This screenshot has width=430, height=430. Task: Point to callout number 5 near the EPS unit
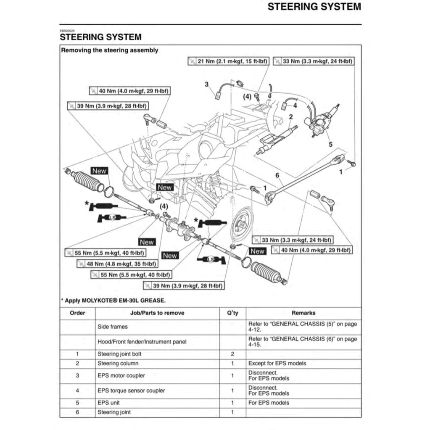pos(330,144)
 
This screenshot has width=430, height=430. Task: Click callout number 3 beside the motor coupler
pos(206,84)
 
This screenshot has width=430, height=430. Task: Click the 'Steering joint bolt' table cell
pos(120,354)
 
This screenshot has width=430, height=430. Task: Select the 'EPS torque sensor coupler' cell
pos(131,390)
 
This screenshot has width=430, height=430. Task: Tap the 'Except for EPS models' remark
pos(277,363)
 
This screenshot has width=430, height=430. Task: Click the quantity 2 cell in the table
pos(232,354)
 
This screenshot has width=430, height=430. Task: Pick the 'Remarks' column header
pos(303,313)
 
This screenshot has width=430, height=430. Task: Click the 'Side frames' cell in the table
pos(113,327)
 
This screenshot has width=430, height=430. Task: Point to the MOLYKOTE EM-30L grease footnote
pos(113,300)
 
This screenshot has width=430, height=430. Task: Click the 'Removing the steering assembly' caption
pos(110,50)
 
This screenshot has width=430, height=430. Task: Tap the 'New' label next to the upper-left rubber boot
pos(99,171)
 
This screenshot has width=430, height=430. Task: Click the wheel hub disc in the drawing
pos(241,222)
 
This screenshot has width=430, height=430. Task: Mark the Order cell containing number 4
pos(77,390)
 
